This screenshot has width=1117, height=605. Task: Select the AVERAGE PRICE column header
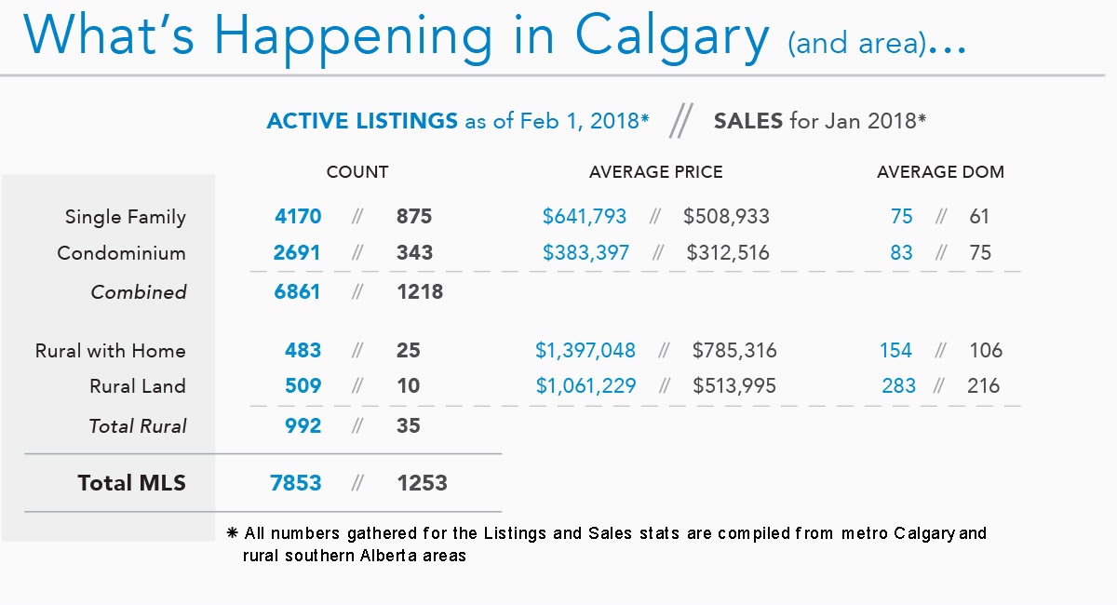655,172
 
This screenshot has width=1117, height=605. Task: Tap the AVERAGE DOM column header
940,172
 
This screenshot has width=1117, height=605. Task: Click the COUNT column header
357,172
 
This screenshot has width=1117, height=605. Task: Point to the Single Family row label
125,218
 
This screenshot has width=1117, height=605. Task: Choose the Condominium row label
121,253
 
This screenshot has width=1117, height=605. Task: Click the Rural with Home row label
110,351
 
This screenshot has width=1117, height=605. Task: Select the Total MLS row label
131,483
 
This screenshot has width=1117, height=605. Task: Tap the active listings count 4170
298,217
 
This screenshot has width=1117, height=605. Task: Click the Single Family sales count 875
414,217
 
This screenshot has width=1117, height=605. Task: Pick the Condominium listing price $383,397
585,253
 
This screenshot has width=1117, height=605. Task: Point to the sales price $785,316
734,351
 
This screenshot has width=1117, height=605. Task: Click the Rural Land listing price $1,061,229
585,386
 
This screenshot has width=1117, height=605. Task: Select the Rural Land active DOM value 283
899,386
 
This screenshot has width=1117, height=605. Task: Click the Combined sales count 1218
420,292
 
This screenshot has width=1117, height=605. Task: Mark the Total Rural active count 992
303,426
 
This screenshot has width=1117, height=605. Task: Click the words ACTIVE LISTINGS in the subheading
362,121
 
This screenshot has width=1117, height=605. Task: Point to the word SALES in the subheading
747,121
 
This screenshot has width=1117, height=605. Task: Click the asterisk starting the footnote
233,533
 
